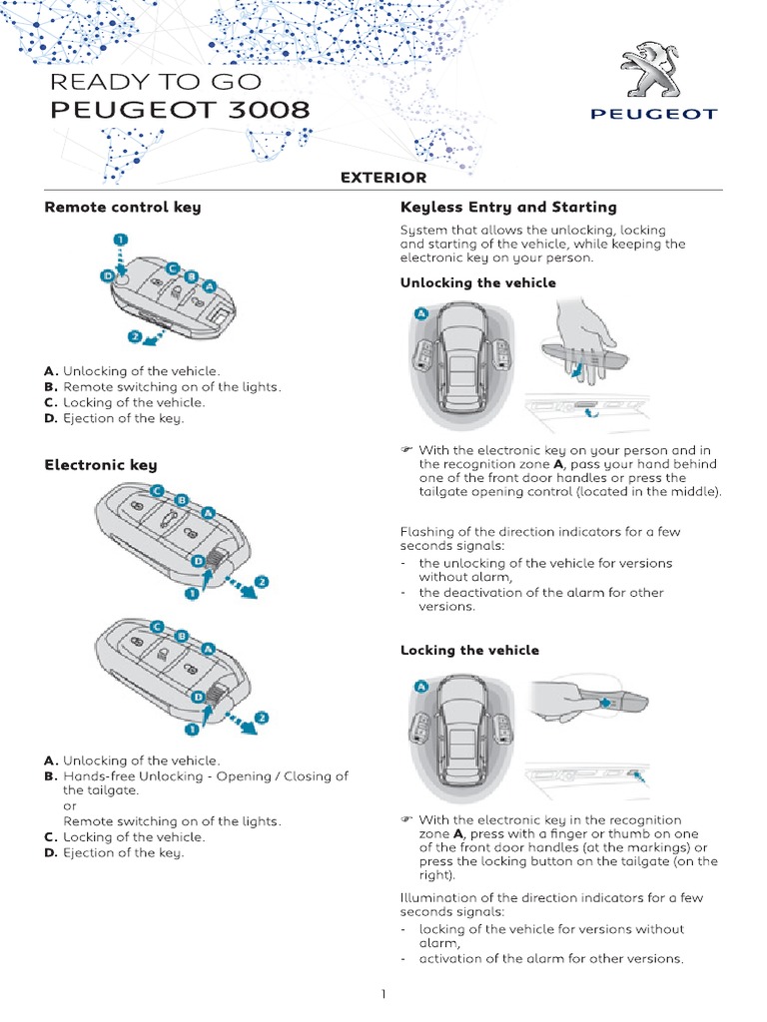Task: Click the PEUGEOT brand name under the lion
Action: (653, 114)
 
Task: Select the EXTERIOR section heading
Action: (383, 178)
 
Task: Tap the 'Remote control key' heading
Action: (122, 208)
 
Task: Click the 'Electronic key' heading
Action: (100, 465)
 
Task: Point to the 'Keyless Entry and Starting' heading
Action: (507, 208)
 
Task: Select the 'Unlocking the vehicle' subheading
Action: (477, 282)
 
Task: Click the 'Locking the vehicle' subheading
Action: (469, 650)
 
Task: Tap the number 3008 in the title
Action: (267, 110)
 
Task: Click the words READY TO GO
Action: (156, 81)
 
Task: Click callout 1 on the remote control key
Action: (120, 242)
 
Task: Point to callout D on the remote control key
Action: (106, 275)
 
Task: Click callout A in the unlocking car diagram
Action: (420, 314)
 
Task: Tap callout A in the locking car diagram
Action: (420, 686)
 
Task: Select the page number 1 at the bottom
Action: (383, 994)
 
